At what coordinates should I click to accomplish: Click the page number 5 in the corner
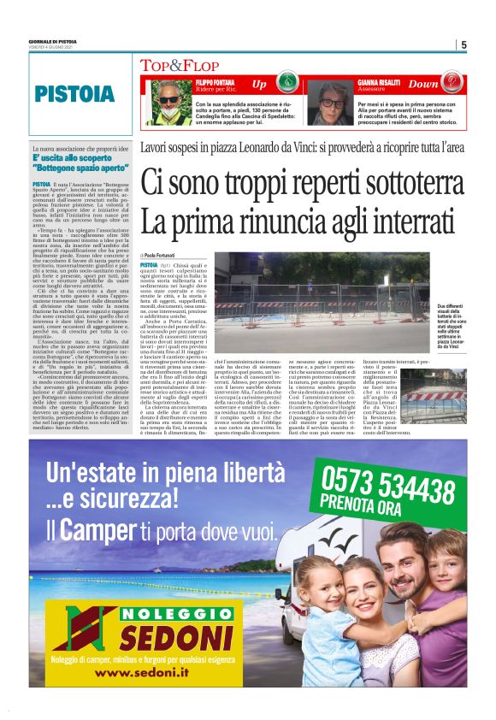463,45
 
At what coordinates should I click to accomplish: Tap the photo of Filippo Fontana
165,100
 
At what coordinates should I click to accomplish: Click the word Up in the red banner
260,85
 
